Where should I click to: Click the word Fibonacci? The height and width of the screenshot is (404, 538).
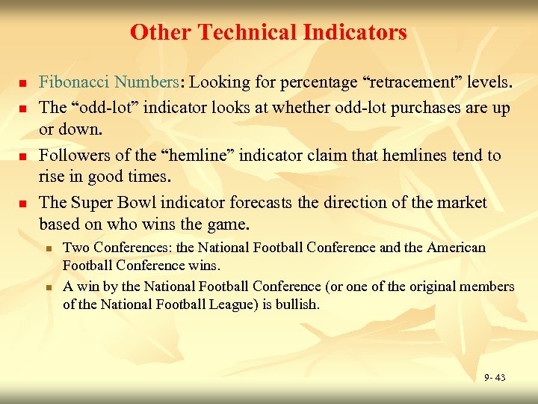click(x=72, y=81)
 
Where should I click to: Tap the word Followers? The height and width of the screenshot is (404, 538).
click(x=72, y=155)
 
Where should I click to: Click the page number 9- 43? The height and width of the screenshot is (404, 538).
click(x=494, y=377)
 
